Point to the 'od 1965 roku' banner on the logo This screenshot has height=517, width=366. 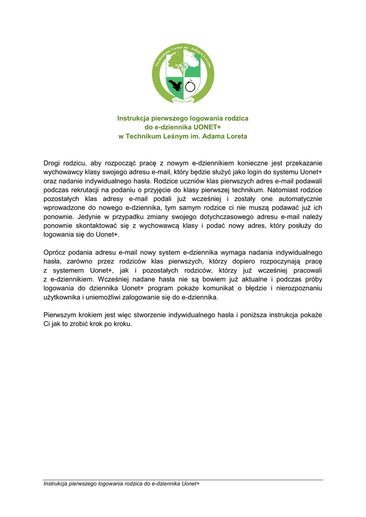click(x=183, y=101)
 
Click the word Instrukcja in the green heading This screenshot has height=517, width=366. click(x=134, y=118)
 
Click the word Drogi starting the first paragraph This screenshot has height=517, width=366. click(x=52, y=163)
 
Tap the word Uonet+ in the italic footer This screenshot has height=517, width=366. click(x=190, y=484)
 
